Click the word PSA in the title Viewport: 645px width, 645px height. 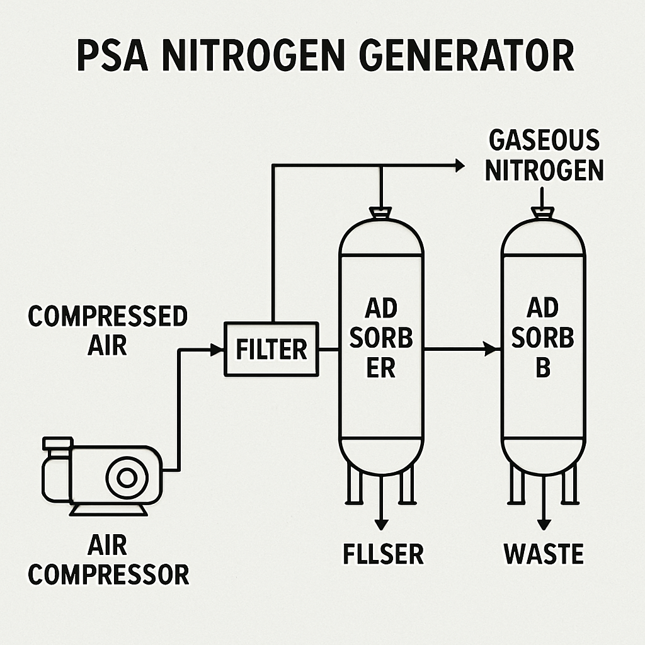pyautogui.click(x=112, y=56)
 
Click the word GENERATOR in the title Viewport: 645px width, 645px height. pyautogui.click(x=467, y=56)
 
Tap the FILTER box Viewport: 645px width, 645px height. pyautogui.click(x=271, y=349)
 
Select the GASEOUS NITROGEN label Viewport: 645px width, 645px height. pyautogui.click(x=544, y=156)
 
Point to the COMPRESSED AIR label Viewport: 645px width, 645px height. pyautogui.click(x=107, y=330)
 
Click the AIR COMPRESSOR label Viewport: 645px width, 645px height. pyautogui.click(x=108, y=559)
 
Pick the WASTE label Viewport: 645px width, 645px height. pyautogui.click(x=544, y=554)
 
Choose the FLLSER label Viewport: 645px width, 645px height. pyautogui.click(x=383, y=554)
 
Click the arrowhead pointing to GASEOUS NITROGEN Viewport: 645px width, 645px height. pyautogui.click(x=460, y=166)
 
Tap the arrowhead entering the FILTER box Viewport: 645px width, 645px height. pyautogui.click(x=217, y=350)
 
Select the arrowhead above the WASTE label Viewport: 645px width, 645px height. pyautogui.click(x=544, y=525)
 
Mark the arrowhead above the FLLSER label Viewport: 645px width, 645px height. pyautogui.click(x=381, y=525)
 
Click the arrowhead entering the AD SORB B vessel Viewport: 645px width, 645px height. pyautogui.click(x=492, y=349)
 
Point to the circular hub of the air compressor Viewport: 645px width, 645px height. pyautogui.click(x=127, y=477)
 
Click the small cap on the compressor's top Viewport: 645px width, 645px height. pyautogui.click(x=57, y=443)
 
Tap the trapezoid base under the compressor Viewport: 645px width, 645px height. pyautogui.click(x=108, y=510)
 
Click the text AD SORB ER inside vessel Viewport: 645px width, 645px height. pyautogui.click(x=381, y=338)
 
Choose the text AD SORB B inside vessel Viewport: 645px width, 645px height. pyautogui.click(x=542, y=338)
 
